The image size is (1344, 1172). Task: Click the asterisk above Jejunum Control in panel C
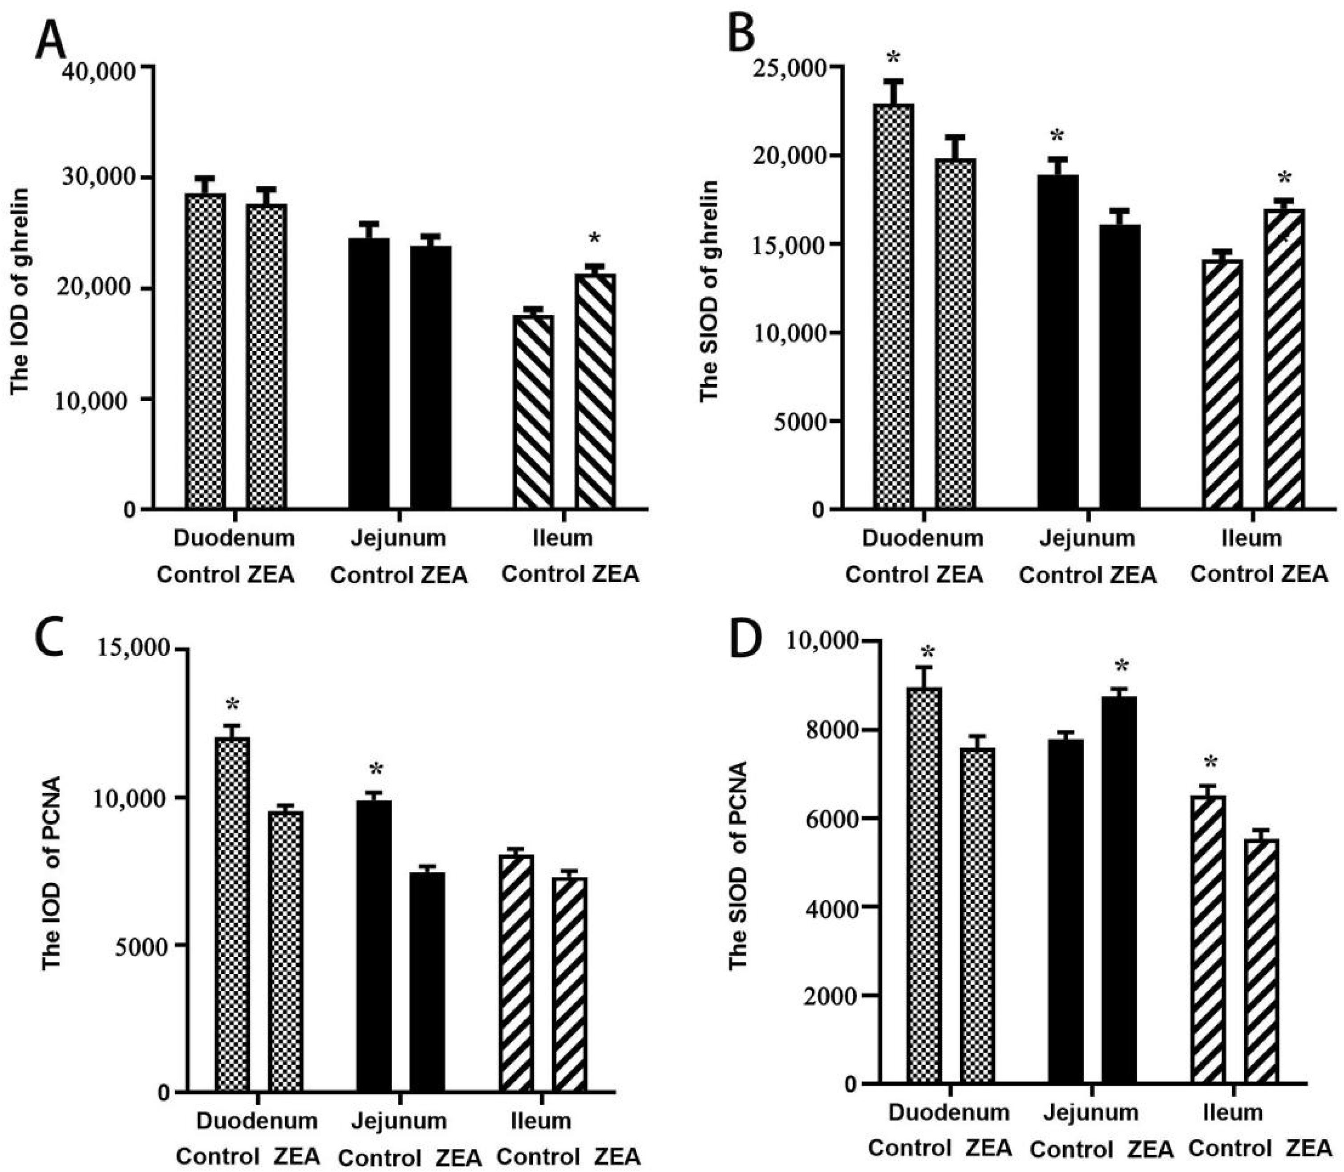tap(376, 770)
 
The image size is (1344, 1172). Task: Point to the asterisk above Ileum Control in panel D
tap(1210, 762)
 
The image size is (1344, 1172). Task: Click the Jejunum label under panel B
tap(1087, 538)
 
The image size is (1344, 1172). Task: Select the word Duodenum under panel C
tap(256, 1120)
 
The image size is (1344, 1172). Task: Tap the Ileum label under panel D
tap(1232, 1112)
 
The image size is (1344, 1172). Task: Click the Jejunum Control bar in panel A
tap(368, 373)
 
